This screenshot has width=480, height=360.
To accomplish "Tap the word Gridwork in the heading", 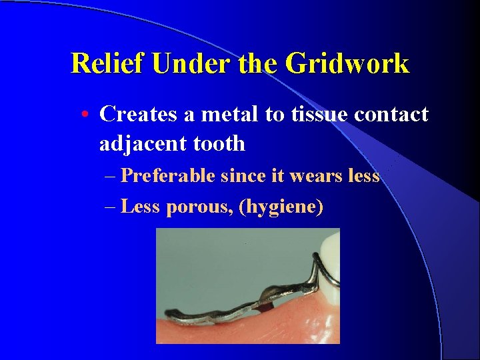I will (347, 64).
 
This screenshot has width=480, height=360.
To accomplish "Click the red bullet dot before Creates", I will (87, 115).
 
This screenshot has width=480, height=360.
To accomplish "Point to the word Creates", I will (138, 114).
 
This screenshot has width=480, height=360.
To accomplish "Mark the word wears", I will (321, 176).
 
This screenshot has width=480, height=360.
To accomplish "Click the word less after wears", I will (364, 176).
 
